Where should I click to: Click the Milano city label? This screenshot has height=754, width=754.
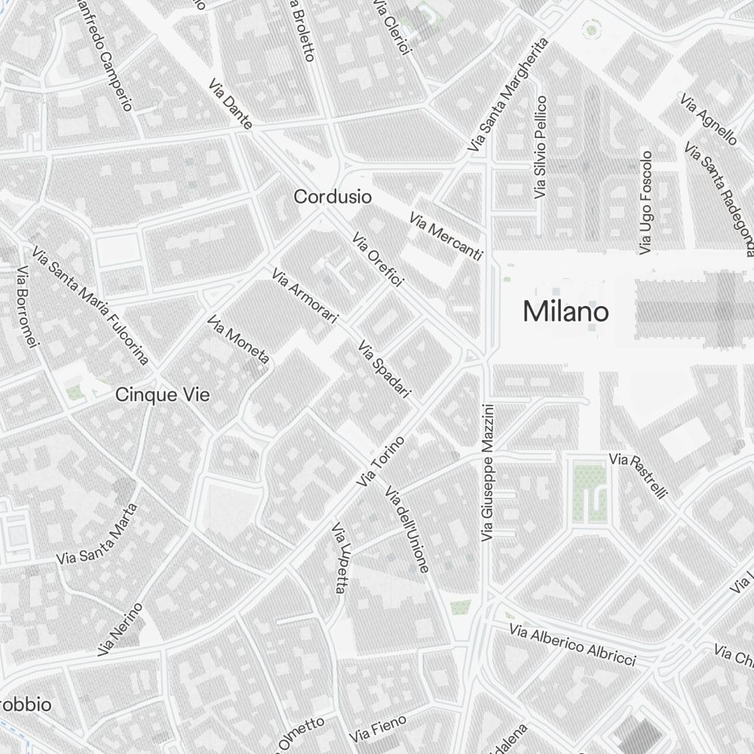click(x=565, y=311)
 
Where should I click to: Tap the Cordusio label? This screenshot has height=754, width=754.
click(x=333, y=197)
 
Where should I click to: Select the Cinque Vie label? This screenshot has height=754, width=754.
click(x=162, y=394)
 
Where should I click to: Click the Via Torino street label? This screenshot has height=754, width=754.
click(x=382, y=461)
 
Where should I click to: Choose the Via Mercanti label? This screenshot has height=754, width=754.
click(x=446, y=237)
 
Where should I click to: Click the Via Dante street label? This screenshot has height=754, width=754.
click(x=231, y=103)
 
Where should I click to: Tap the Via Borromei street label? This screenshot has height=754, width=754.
click(x=26, y=307)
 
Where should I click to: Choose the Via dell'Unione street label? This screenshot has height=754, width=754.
click(x=407, y=529)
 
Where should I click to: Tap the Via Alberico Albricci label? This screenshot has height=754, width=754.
click(x=572, y=645)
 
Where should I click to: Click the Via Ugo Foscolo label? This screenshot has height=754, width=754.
click(x=645, y=202)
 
